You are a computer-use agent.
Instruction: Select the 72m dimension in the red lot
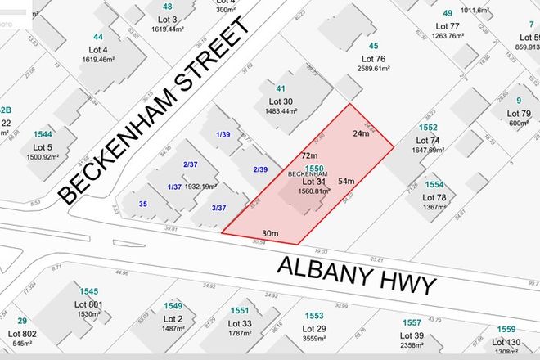[x=308, y=155]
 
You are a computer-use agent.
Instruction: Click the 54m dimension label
[x=345, y=181]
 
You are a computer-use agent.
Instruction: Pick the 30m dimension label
[x=270, y=235]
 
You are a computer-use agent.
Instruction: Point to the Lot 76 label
[x=372, y=59]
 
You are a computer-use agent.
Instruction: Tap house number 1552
[x=428, y=128]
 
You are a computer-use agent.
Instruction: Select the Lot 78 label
[x=434, y=197]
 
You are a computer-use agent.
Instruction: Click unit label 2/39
[x=261, y=169]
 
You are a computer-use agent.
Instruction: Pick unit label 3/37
[x=218, y=208]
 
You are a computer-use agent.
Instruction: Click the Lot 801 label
[x=90, y=304]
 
